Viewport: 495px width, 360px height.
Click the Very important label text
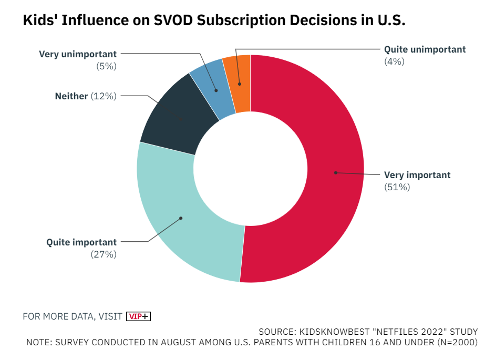click(x=417, y=175)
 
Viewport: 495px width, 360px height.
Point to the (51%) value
click(x=397, y=187)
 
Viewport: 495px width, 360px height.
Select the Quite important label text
click(x=81, y=242)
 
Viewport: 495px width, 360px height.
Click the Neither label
click(x=71, y=96)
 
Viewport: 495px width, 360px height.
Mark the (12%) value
click(x=104, y=96)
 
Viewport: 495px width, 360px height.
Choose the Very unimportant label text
click(x=78, y=54)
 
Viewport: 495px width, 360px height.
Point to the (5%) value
click(x=106, y=66)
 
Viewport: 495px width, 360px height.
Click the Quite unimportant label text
click(x=425, y=49)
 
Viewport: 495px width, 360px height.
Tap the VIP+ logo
click(x=139, y=316)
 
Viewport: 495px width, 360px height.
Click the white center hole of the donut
click(x=250, y=169)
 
